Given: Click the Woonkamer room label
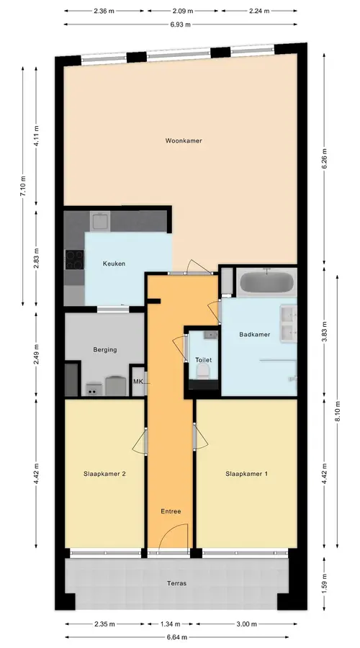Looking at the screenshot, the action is click(184, 140).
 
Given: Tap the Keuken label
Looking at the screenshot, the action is click(114, 264).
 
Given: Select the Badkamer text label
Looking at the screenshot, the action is click(255, 334).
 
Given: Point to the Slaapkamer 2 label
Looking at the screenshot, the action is click(104, 474).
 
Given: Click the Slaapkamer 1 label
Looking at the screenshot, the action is click(246, 474).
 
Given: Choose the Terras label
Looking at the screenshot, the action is click(176, 583).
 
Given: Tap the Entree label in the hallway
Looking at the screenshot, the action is click(171, 511).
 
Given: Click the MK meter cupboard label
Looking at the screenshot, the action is click(138, 382).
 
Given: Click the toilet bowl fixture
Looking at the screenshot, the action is click(203, 372).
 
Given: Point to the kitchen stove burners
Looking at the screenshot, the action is click(74, 260).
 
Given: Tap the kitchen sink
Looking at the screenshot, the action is click(100, 220).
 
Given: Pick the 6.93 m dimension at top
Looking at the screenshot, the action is click(181, 24).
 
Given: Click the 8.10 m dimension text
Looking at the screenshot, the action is click(338, 412).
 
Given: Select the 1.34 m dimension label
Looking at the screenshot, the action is click(171, 624).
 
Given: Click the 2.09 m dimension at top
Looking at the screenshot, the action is click(183, 11).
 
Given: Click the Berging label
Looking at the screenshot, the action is click(105, 350).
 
